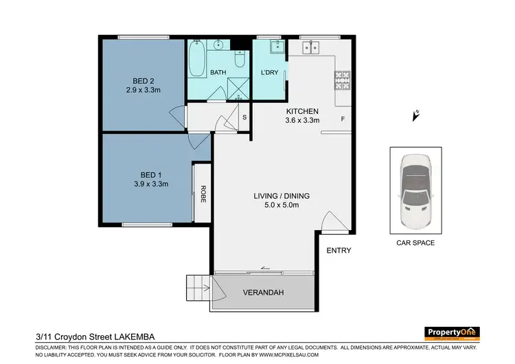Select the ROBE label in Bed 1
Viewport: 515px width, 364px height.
click(x=203, y=194)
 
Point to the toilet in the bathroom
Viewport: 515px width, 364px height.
click(x=240, y=59)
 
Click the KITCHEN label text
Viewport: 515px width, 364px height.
click(x=303, y=111)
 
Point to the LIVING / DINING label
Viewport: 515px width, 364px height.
click(x=282, y=196)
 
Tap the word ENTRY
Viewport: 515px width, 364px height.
click(x=339, y=251)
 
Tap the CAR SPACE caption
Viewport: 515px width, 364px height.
click(x=415, y=243)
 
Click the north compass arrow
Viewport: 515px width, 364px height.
click(x=415, y=115)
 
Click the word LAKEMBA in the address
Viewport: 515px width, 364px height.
click(x=130, y=337)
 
